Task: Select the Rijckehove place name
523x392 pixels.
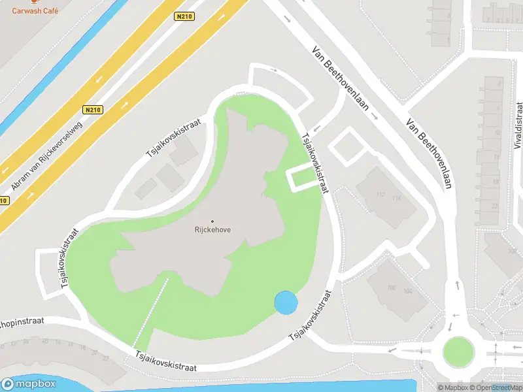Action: tap(212, 230)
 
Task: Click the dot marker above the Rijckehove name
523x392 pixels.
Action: tap(212, 221)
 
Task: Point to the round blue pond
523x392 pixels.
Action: tap(286, 302)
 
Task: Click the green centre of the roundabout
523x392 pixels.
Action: tap(458, 352)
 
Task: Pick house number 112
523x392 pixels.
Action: tap(380, 194)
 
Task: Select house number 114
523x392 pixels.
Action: tap(396, 198)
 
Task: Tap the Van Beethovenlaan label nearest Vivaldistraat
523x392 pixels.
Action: tap(429, 153)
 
